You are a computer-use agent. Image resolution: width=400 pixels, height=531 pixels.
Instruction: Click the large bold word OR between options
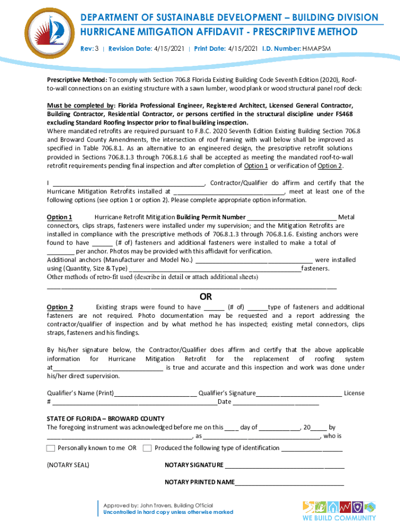(x=206, y=297)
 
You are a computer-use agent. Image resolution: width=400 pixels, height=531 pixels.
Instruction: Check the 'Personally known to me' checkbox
(x=50, y=448)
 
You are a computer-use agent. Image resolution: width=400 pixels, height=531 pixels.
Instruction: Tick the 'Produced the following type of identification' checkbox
(x=147, y=448)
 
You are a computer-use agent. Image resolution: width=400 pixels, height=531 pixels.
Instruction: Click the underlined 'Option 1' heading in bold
(x=59, y=217)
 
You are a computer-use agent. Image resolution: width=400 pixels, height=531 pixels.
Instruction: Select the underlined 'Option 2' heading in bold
(x=60, y=308)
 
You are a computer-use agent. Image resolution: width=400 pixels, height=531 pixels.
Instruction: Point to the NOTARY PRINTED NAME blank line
(x=289, y=483)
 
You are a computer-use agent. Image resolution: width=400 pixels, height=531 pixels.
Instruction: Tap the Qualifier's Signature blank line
(x=299, y=394)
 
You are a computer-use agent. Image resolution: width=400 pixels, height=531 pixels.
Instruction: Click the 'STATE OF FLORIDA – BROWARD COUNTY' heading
(x=105, y=418)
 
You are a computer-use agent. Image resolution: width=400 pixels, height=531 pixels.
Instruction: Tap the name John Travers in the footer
(x=156, y=506)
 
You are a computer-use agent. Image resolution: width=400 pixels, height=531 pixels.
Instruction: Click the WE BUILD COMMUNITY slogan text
(x=339, y=518)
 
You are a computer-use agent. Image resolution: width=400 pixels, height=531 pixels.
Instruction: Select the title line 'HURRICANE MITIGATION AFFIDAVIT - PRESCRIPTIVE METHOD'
(x=218, y=32)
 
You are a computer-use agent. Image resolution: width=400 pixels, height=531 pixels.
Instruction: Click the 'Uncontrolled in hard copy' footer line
(x=168, y=512)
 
